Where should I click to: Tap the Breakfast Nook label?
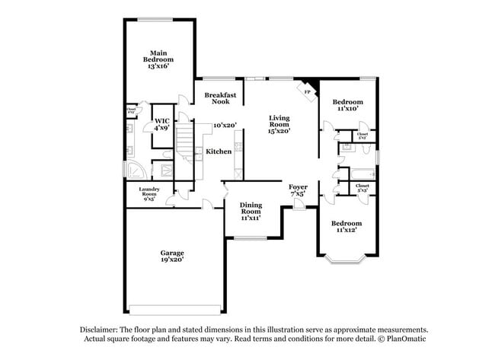(x=221, y=98)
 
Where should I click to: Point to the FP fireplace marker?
(x=307, y=92)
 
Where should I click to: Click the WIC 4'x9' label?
(x=161, y=124)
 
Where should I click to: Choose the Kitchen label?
(x=219, y=151)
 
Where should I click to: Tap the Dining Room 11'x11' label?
(x=251, y=211)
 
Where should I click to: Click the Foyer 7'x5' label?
(x=298, y=190)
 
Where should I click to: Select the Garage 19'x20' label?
(x=171, y=256)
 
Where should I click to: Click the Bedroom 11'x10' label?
(x=347, y=105)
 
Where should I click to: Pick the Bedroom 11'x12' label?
(x=346, y=227)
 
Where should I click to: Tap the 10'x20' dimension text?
(x=225, y=125)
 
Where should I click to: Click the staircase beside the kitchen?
(x=187, y=142)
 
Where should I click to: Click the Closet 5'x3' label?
(x=362, y=188)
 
